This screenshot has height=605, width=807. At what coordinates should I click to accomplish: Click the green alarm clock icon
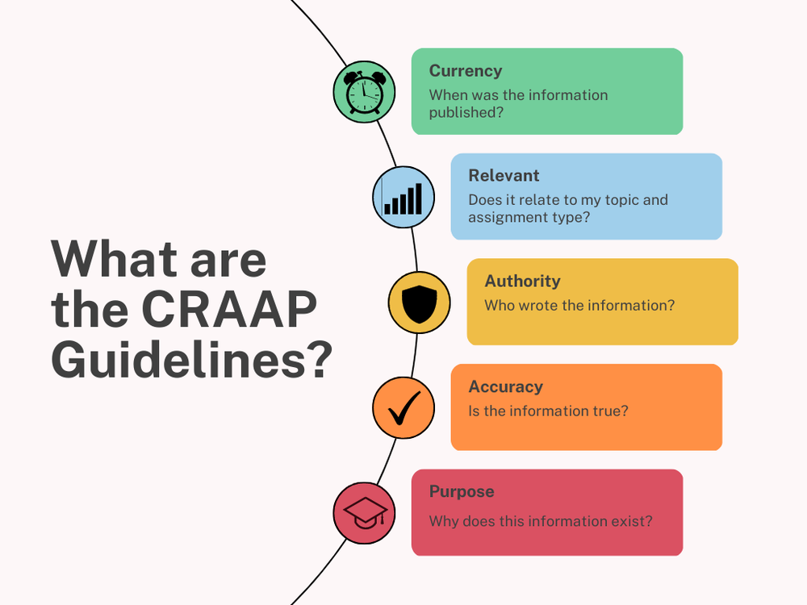tap(364, 92)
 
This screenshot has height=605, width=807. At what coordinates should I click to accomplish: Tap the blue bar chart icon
tap(403, 197)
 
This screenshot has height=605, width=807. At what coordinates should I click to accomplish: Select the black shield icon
tap(419, 302)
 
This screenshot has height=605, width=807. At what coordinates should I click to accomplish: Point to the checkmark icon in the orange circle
tap(403, 409)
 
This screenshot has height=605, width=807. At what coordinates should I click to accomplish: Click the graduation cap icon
tap(365, 513)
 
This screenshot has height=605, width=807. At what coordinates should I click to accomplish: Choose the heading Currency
tap(466, 71)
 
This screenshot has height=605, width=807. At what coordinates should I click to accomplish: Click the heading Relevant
tap(504, 176)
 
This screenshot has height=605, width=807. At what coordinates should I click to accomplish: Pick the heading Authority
tap(522, 282)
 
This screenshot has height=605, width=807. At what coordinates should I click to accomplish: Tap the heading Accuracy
tap(505, 386)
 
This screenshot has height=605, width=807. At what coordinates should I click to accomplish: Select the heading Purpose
tap(462, 491)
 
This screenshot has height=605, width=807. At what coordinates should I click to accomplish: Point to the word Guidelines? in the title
tap(192, 361)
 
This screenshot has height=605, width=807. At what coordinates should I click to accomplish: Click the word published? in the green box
tap(466, 112)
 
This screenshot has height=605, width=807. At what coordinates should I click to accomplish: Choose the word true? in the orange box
tap(609, 411)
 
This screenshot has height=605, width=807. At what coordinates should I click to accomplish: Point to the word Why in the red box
tap(444, 521)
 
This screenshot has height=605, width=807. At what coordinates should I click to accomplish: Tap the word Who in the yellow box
tap(500, 306)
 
